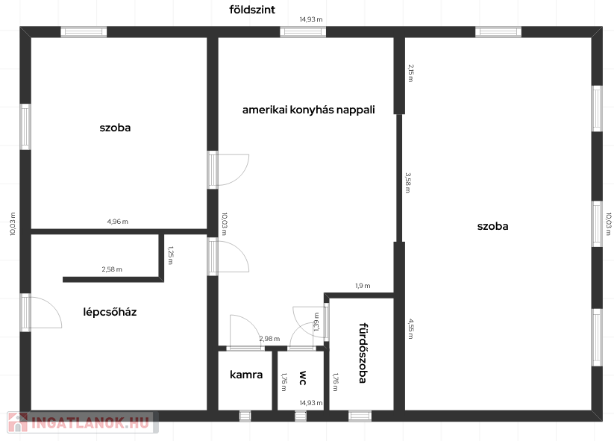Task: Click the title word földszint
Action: [252, 10]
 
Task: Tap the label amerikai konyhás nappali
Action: [309, 110]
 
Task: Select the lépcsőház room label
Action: [110, 312]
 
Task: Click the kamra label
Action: [246, 375]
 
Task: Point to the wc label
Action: [303, 378]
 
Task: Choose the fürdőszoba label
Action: [363, 353]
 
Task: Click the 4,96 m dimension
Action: [117, 222]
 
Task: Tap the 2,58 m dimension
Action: [112, 269]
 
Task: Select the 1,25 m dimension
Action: [170, 255]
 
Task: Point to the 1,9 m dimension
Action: [363, 286]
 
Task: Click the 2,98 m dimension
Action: [269, 338]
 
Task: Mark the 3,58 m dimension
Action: [407, 183]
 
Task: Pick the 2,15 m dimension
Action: [410, 73]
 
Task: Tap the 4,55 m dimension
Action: [410, 328]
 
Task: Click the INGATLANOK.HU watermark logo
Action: [83, 422]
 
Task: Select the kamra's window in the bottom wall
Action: [245, 416]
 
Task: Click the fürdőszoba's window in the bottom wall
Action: [360, 416]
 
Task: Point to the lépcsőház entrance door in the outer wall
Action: [26, 313]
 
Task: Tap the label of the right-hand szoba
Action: [492, 226]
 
